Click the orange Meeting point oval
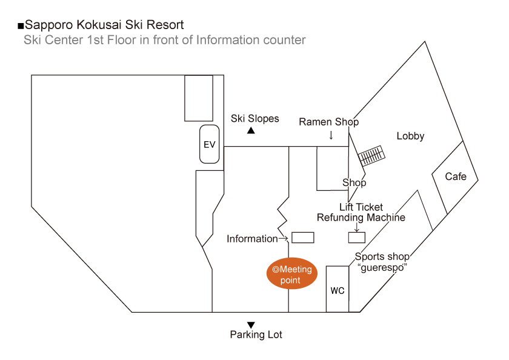[x=291, y=274]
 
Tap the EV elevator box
[x=210, y=145]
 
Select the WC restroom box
[x=338, y=290]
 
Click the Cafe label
[x=456, y=176]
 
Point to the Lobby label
[x=410, y=136]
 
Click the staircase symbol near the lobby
[x=370, y=156]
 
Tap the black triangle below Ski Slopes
[x=251, y=130]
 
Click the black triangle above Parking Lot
[x=251, y=325]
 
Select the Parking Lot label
[x=256, y=335]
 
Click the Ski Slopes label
[x=254, y=119]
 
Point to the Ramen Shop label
[x=329, y=122]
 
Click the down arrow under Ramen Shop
[x=331, y=135]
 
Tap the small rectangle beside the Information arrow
[x=303, y=238]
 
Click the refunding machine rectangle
[x=356, y=238]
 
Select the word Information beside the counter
[x=252, y=239]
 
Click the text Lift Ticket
[x=361, y=207]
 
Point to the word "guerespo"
[x=381, y=267]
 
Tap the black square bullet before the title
[x=21, y=26]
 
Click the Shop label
[x=354, y=182]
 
